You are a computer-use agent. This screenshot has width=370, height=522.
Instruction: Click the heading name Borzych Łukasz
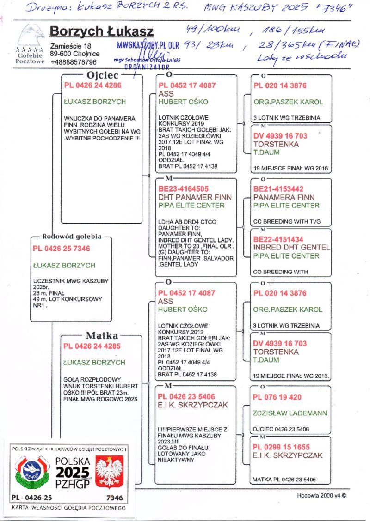[x=102, y=31]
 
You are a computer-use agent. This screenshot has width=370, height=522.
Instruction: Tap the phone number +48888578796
[x=74, y=62]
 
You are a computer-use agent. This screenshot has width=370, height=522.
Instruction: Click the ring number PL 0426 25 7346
[x=62, y=249]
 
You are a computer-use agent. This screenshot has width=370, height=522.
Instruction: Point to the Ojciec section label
[x=103, y=75]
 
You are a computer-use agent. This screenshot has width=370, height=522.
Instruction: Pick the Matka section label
[x=102, y=335]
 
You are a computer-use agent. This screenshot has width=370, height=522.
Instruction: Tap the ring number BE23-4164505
[x=183, y=189]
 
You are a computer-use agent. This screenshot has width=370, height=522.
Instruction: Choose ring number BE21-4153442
[x=278, y=189]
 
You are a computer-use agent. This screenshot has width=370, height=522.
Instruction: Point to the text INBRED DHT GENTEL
[x=291, y=248]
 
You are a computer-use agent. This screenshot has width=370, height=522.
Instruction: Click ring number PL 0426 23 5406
[x=186, y=396]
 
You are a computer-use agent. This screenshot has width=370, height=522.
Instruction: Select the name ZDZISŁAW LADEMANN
[x=290, y=413]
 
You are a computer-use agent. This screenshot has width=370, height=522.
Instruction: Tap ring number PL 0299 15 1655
[x=281, y=447]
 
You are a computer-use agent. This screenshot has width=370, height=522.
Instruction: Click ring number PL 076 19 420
[x=277, y=397]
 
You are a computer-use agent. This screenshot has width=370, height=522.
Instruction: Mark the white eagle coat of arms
[x=110, y=472]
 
